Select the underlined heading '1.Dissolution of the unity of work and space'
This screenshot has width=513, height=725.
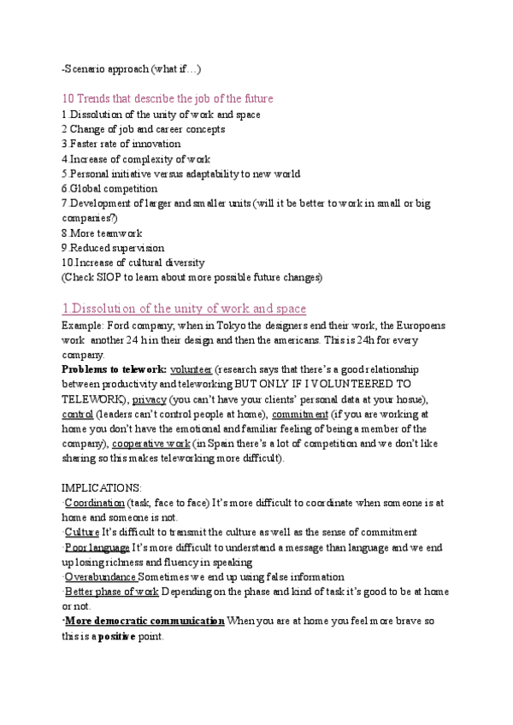coord(184,309)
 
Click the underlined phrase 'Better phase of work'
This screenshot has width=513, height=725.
coord(111,592)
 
